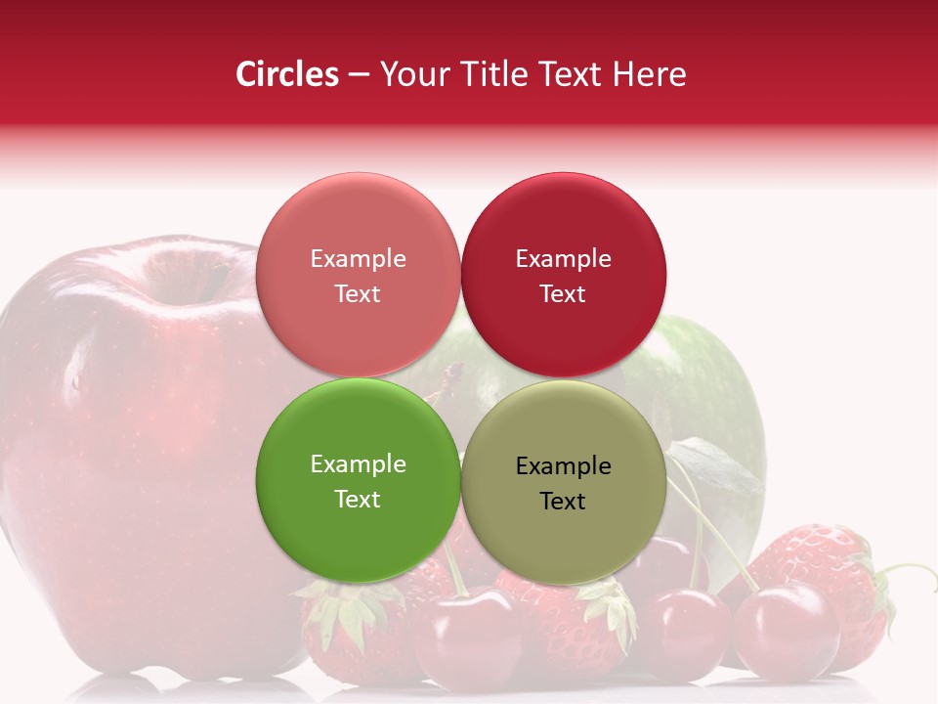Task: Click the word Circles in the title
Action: [x=287, y=74]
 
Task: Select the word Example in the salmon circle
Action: [x=358, y=259]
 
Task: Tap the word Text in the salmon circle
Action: [x=358, y=294]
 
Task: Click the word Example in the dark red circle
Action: [x=563, y=259]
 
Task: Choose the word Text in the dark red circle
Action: [x=563, y=294]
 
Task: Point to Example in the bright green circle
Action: [x=358, y=464]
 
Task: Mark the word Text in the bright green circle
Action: [x=358, y=500]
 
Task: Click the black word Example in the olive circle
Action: [x=563, y=466]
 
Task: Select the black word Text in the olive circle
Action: [x=563, y=502]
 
